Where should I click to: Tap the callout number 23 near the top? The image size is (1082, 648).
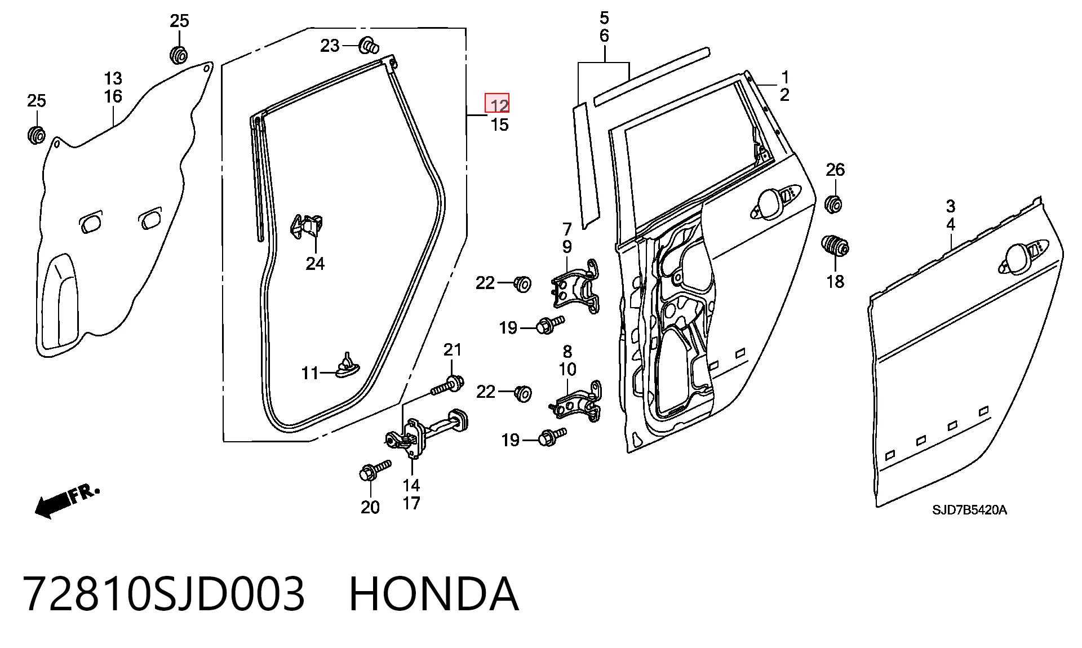click(x=330, y=46)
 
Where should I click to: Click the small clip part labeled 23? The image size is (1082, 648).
click(x=369, y=44)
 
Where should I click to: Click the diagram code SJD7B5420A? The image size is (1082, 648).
click(x=969, y=511)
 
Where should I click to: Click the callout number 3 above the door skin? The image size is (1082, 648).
click(x=950, y=206)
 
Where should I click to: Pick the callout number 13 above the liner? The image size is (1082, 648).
click(x=113, y=78)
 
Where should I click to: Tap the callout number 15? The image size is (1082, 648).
click(x=499, y=125)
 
